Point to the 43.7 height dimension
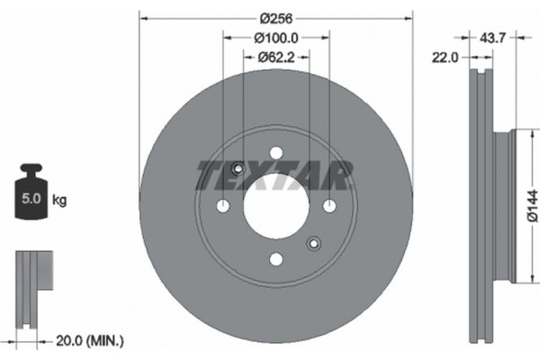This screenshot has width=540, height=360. point(491,38)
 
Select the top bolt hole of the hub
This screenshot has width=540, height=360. point(275,152)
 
